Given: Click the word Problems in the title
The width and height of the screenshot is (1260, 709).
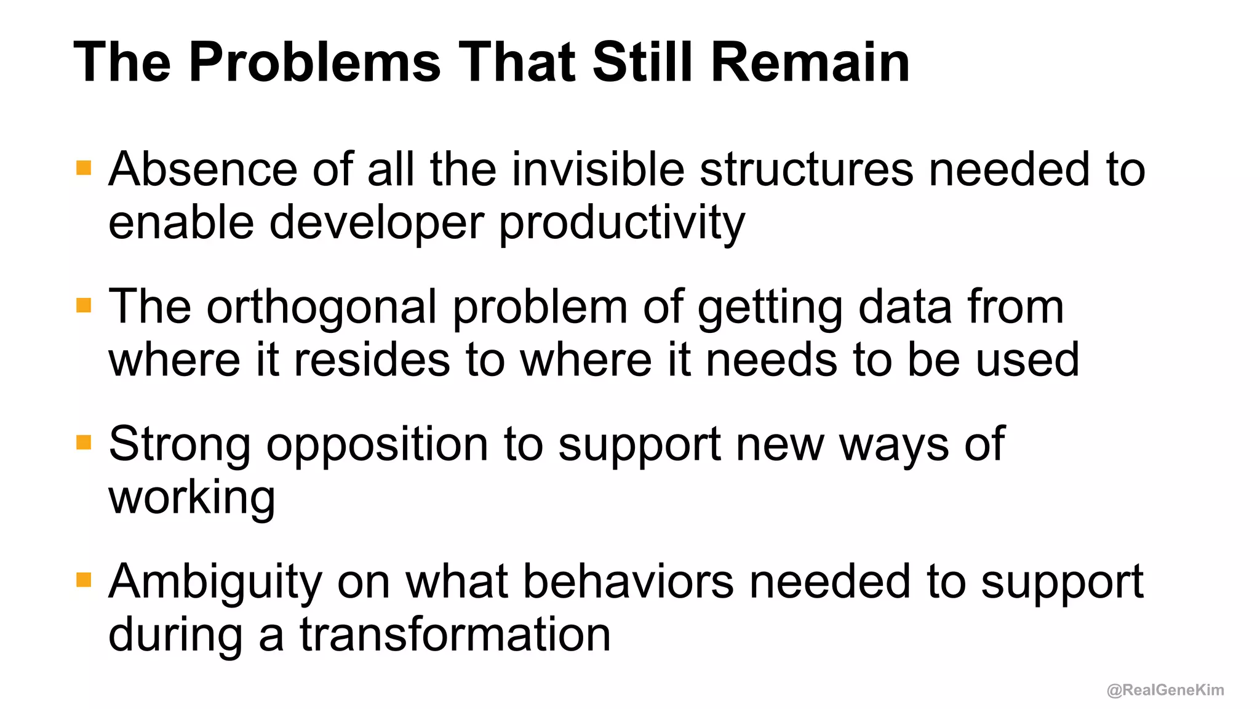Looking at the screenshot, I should (314, 63).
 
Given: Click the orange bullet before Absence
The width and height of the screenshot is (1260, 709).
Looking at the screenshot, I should (84, 168).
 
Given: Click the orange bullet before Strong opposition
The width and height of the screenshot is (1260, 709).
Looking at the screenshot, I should (84, 443).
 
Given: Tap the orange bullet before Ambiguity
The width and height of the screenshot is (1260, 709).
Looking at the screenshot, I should (84, 580).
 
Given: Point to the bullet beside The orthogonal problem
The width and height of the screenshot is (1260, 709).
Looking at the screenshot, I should (84, 305).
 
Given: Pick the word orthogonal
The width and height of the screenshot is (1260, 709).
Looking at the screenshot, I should (321, 306).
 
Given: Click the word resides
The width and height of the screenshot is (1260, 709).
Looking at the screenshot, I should (372, 360).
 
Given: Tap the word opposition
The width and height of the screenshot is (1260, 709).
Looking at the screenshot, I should (377, 444).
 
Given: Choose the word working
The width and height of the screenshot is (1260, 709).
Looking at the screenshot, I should (191, 497).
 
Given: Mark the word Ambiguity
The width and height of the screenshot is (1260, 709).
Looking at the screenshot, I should (215, 582).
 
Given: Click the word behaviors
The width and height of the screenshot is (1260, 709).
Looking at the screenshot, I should (628, 582).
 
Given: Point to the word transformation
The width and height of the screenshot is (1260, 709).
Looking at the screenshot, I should (455, 635).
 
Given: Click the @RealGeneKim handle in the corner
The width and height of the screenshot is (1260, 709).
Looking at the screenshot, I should (1165, 690).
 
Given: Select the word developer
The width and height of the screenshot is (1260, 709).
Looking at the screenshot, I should (377, 223).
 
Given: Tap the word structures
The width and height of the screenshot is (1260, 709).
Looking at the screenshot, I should (807, 169).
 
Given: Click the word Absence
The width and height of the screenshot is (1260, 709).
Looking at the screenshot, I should (202, 169).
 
